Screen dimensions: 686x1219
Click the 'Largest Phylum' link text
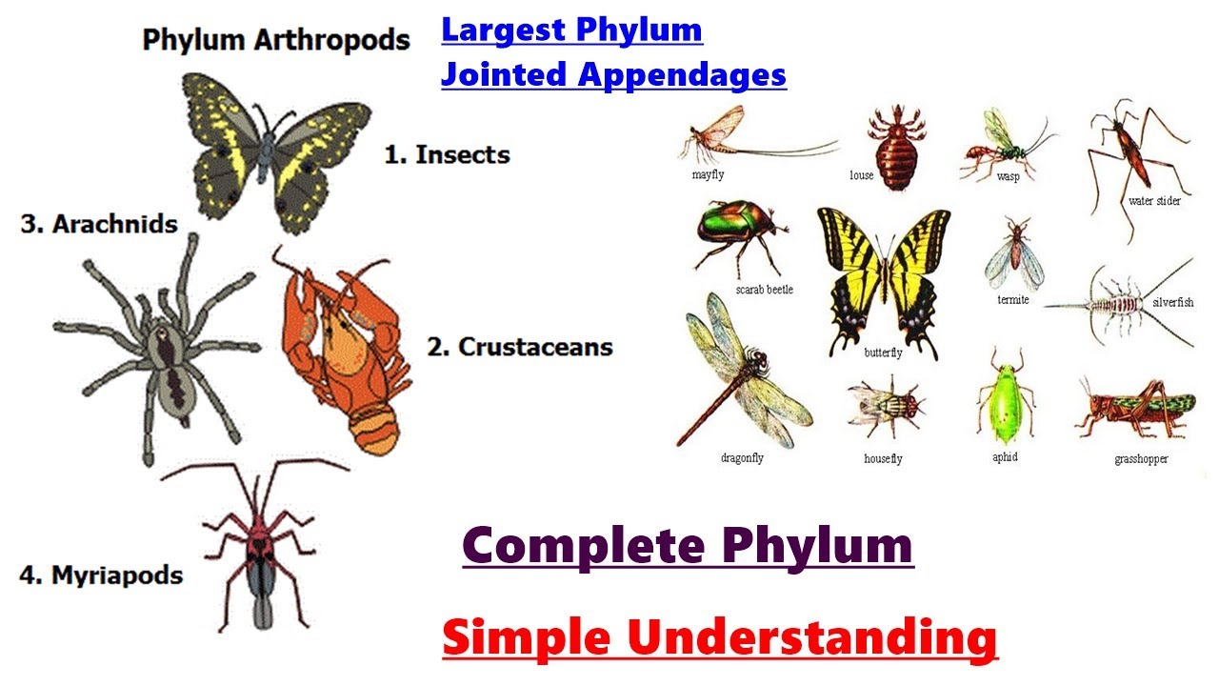[x=571, y=30]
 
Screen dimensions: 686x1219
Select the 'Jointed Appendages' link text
[x=613, y=73]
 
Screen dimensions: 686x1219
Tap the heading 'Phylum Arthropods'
[x=276, y=40]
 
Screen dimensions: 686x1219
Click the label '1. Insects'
[x=447, y=154]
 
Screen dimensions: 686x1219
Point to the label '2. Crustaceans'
[x=519, y=347]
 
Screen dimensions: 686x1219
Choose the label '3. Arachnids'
[x=99, y=225]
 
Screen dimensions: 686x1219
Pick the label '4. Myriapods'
[x=101, y=575]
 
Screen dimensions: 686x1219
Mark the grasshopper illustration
[x=1135, y=410]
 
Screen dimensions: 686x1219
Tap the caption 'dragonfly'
[x=742, y=458]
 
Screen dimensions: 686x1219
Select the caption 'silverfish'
[x=1172, y=303]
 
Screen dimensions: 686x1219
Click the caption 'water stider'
[x=1154, y=201]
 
